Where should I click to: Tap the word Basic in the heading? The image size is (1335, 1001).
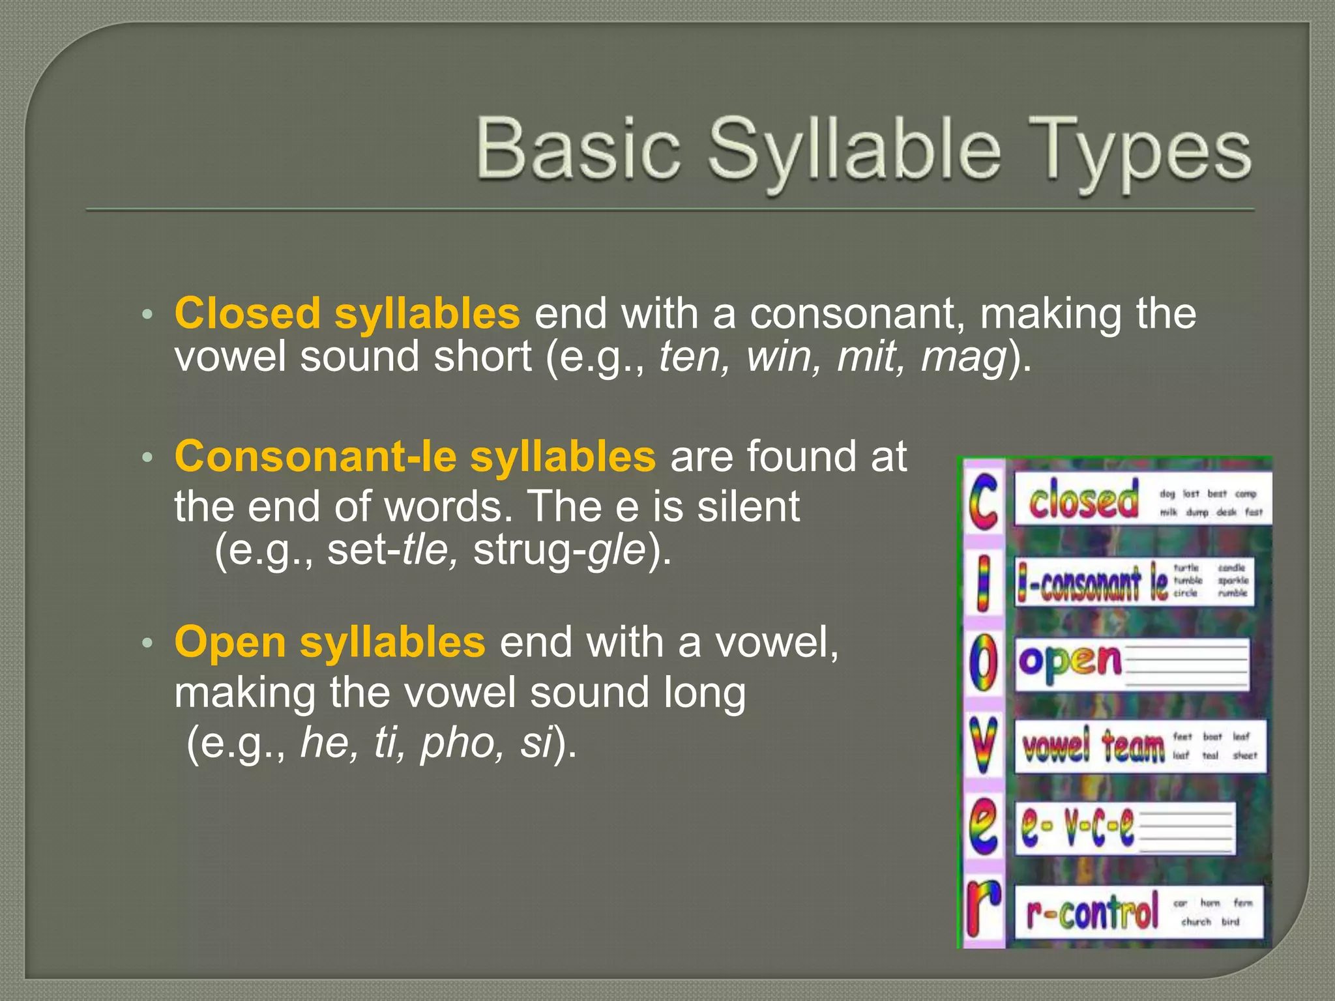[x=579, y=149]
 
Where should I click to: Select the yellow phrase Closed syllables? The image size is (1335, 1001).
[x=347, y=313]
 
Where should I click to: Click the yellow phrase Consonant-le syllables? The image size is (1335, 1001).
[x=415, y=456]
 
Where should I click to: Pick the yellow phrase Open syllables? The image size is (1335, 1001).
[x=330, y=642]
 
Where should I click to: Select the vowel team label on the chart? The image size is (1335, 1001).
[x=1093, y=746]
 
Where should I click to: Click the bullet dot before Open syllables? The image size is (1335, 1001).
[x=147, y=643]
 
